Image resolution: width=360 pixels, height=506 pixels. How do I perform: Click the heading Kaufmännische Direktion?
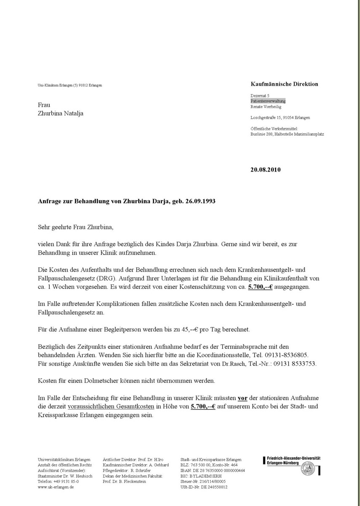point(284,84)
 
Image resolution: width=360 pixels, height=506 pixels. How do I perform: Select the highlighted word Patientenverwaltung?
point(268,101)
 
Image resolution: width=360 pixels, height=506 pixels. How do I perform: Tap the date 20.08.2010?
point(265,170)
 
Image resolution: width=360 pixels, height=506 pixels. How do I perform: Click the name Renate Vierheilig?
point(266,107)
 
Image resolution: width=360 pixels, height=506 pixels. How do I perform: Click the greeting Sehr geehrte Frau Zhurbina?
point(76,227)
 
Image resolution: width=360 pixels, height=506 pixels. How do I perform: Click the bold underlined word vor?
point(242,398)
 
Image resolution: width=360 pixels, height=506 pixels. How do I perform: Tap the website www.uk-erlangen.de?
point(56,487)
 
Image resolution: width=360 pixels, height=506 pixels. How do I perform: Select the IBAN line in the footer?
point(212,470)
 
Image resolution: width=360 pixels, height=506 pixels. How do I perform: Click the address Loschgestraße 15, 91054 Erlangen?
point(280,118)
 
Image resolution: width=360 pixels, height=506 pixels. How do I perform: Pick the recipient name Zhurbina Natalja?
point(60,113)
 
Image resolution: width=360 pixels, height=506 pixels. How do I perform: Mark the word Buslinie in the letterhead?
point(258,134)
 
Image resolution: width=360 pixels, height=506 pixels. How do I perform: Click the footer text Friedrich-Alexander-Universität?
point(294,458)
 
